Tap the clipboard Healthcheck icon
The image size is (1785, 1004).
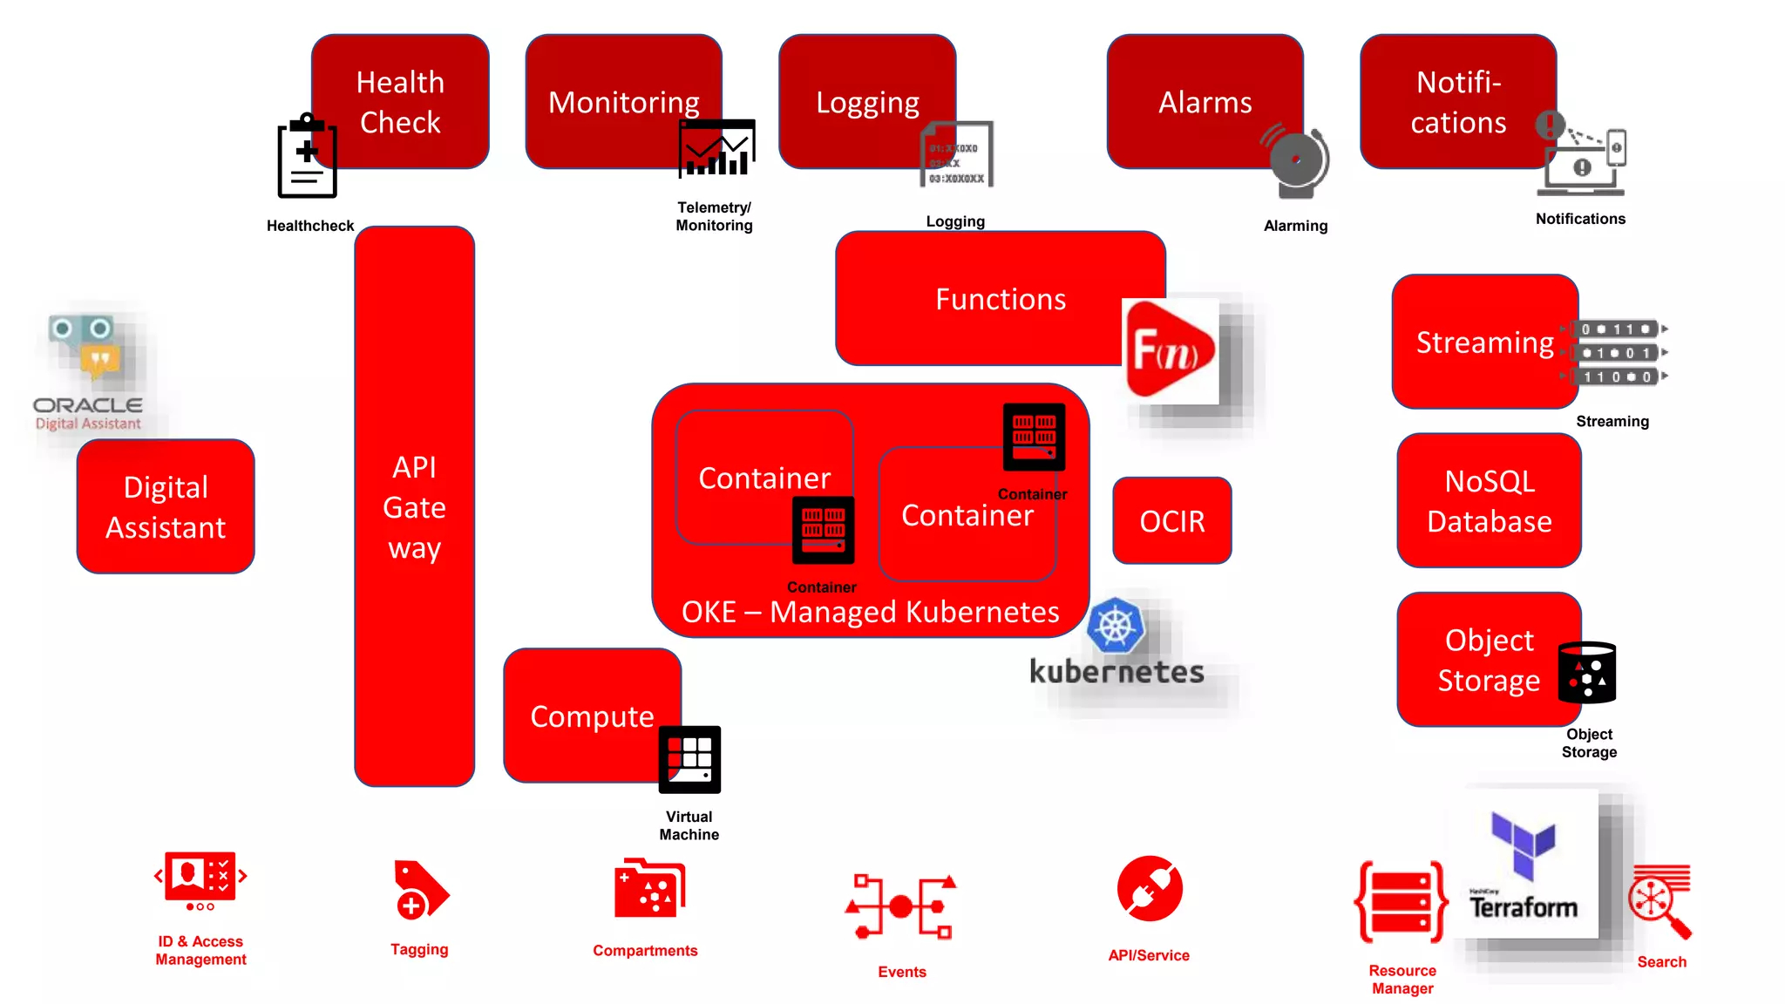[x=307, y=157]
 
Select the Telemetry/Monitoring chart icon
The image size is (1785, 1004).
[x=716, y=148]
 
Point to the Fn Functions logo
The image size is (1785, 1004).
[x=1170, y=350]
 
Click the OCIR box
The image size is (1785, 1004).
[x=1171, y=520]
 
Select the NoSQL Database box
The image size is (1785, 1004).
[x=1489, y=501]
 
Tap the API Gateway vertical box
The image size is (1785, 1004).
[x=414, y=506]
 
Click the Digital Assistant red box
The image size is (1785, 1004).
[x=166, y=506]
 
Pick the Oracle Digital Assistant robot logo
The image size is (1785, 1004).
[x=87, y=349]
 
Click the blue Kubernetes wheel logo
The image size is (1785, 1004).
[x=1116, y=625]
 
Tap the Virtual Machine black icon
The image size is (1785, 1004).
[x=689, y=759]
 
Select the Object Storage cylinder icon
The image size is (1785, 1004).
[x=1587, y=672]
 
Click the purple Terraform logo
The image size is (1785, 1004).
[x=1523, y=844]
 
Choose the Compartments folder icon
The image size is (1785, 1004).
[x=648, y=889]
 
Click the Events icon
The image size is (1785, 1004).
[x=901, y=906]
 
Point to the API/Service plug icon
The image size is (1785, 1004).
[x=1150, y=889]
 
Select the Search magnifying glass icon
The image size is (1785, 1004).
[x=1659, y=901]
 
